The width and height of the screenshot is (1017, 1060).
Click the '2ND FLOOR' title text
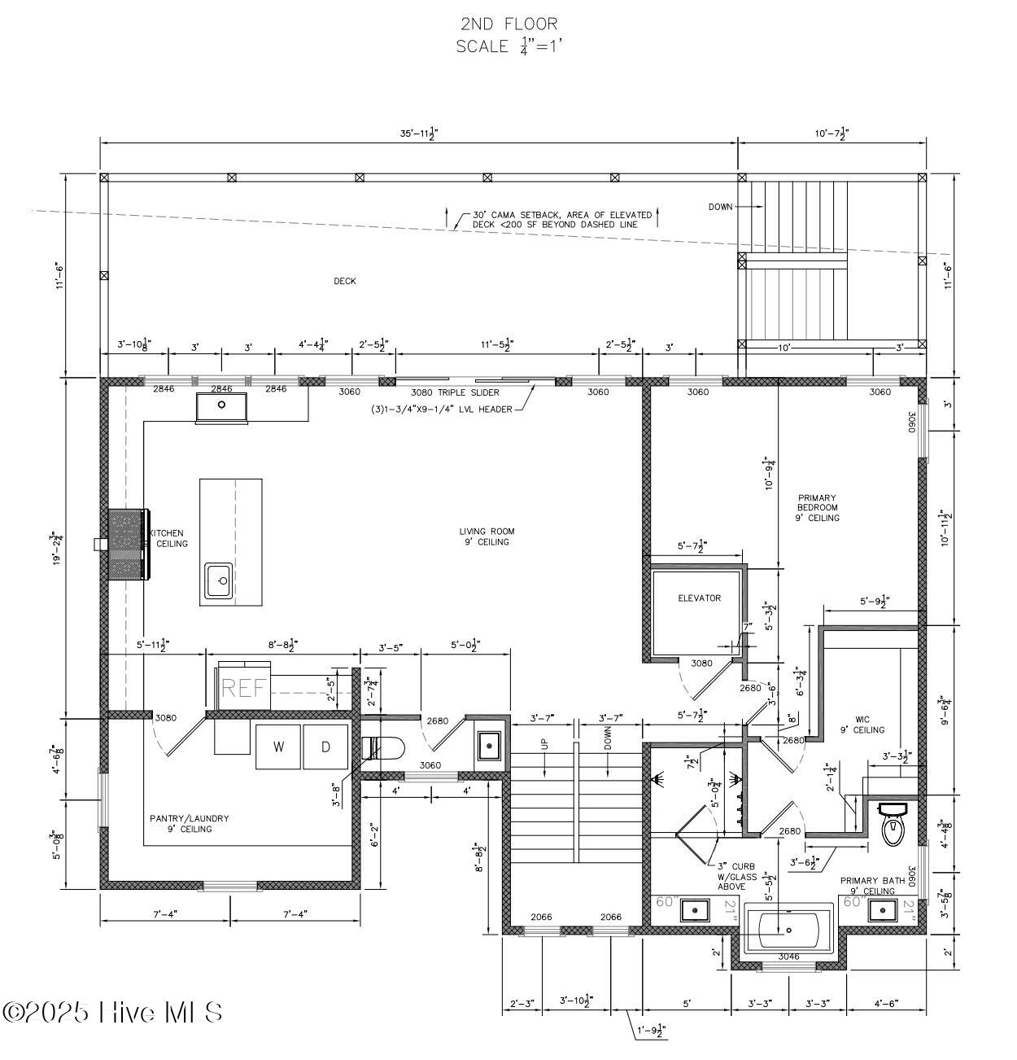coord(508,24)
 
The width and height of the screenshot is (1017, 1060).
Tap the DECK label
coord(344,281)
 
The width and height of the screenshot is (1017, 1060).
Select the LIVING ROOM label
coord(487,537)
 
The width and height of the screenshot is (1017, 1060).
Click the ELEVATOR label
coord(699,598)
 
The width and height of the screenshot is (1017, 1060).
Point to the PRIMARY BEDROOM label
coord(817,507)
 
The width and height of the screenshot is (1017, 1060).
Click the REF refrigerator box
coord(244,688)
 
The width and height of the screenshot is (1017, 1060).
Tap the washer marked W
coord(278,747)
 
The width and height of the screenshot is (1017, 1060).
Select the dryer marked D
coord(325,747)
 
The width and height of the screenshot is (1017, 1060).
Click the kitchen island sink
coord(219,581)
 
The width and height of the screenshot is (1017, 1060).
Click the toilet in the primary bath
coord(893,825)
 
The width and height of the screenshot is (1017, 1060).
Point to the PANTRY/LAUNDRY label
coord(190,823)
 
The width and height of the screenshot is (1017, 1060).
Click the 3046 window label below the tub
coord(789,957)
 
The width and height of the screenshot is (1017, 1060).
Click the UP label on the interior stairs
coord(544,743)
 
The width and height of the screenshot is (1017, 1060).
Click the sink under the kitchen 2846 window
coord(221,405)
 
